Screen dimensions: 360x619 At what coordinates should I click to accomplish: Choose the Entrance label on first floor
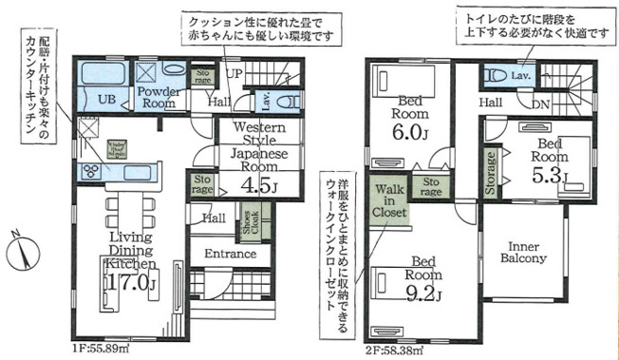click(230, 254)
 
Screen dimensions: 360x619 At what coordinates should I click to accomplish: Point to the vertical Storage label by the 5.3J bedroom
click(491, 173)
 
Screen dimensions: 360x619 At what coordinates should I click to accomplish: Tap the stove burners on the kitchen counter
click(91, 171)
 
